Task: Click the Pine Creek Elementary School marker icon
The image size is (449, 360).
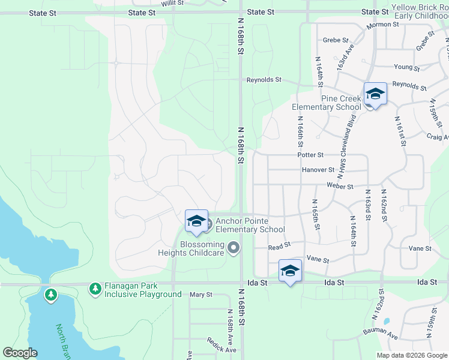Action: coord(375,95)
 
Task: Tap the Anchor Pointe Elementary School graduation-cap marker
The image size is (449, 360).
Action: coord(196,222)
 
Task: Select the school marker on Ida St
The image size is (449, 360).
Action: coord(290,271)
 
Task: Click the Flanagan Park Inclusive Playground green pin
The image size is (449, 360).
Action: coord(95,289)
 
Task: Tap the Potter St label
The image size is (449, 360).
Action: coord(310,155)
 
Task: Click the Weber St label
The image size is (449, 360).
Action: coord(340,185)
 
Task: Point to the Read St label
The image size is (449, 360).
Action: coord(279,245)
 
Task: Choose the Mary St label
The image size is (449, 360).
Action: coord(201,295)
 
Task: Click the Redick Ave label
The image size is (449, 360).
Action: coord(222,349)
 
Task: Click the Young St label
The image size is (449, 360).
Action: coord(406,67)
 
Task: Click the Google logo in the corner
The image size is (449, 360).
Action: coord(20,353)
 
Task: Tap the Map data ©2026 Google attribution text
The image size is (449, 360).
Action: coord(412,355)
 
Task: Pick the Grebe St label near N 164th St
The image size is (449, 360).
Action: coord(336,40)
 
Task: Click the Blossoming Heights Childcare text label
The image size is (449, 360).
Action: coord(191,249)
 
